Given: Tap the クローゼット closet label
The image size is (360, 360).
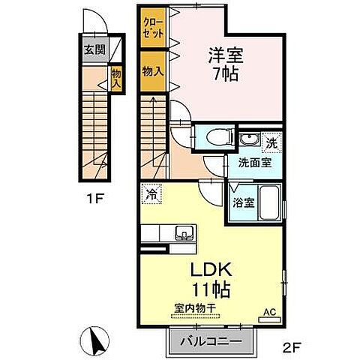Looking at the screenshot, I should coord(152,31).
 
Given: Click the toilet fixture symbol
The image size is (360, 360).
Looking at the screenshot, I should coord(213,137).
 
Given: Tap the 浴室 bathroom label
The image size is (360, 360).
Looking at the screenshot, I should coord(244,202).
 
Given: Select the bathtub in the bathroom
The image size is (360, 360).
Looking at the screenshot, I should coord(268,202).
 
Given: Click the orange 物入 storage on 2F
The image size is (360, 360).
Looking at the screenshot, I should coord(152,70).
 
